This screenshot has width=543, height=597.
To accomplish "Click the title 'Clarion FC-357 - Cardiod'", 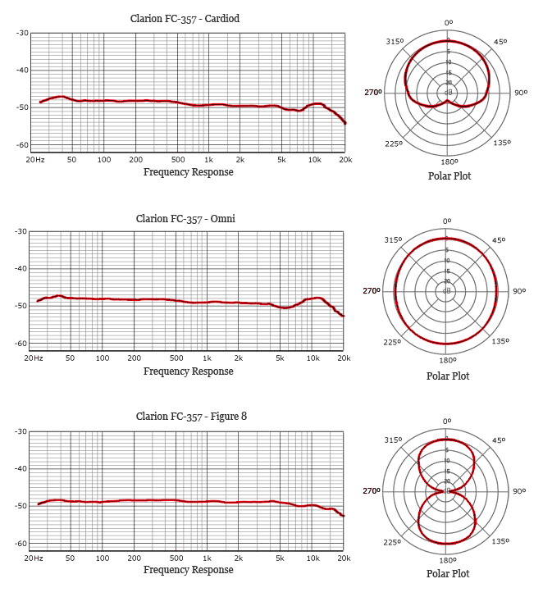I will click(x=185, y=19).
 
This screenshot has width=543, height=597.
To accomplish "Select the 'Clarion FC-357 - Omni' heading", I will click(x=185, y=218).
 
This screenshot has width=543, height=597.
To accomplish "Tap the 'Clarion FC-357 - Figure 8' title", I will click(x=185, y=417).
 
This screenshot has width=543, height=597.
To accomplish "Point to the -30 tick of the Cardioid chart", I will click(x=22, y=33).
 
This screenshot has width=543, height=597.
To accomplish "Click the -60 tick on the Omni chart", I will click(x=22, y=343).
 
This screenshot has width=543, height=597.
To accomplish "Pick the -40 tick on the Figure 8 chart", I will click(x=22, y=468).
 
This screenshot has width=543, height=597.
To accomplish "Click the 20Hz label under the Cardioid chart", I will click(x=34, y=159).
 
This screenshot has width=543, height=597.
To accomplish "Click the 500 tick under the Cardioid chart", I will click(x=178, y=159).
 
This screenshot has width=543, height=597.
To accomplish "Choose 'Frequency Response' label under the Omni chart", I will click(x=188, y=371).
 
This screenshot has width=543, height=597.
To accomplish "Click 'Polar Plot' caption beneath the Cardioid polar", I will click(x=449, y=175).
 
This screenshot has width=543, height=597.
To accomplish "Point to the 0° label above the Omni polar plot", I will click(x=447, y=221).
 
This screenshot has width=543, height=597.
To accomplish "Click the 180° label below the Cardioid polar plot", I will click(x=448, y=162).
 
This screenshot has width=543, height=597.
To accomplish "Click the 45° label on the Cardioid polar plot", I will click(x=500, y=42).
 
